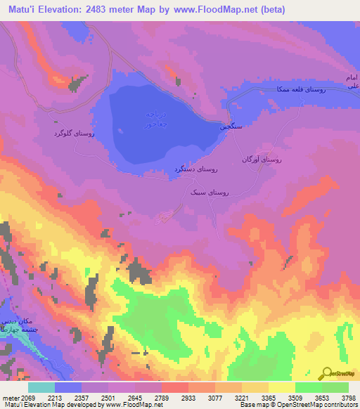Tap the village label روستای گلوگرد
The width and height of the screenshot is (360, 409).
75,132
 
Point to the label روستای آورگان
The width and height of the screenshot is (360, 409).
262,160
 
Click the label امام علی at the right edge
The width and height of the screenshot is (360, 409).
352,81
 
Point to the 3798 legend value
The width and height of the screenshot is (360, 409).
348,398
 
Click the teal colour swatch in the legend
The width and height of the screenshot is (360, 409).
41,387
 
